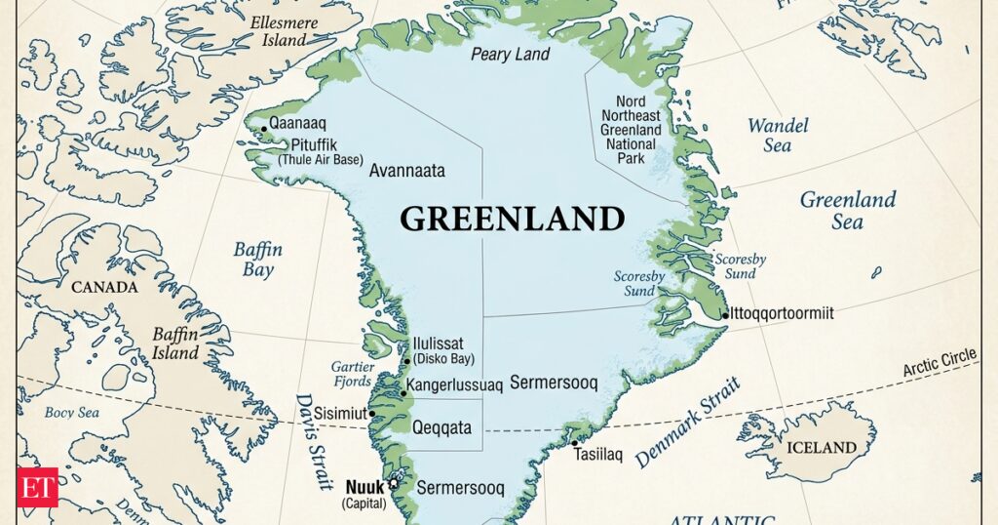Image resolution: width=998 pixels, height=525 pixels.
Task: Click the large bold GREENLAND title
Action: coord(512,218)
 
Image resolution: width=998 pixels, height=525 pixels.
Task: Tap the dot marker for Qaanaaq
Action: coord(262,127)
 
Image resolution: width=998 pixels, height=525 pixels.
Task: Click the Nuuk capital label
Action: coord(365,485)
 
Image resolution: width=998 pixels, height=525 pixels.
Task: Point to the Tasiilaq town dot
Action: coord(575,444)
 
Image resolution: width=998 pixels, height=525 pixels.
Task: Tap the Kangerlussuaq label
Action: coord(454,385)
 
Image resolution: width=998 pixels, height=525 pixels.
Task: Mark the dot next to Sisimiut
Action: coord(370,414)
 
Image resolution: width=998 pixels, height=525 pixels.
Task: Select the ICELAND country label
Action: coord(821,448)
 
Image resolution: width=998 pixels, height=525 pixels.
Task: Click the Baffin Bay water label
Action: coord(257,260)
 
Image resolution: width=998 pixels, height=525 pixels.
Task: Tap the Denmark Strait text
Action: coord(688,421)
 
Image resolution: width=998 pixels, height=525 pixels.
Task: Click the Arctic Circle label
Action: coord(939,364)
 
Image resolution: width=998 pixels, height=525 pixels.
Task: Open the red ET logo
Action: coord(37,487)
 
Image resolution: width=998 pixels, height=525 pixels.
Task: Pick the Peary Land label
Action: coord(511,55)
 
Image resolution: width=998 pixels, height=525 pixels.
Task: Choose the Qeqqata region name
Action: coord(441,427)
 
